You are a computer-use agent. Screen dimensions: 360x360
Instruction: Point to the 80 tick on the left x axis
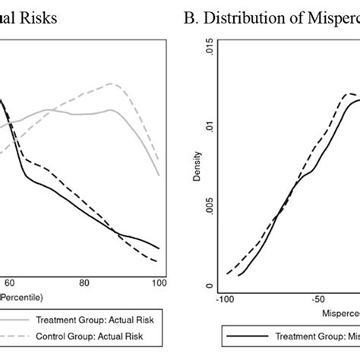pos(85,283)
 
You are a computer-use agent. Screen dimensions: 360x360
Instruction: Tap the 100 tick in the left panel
pos(159,283)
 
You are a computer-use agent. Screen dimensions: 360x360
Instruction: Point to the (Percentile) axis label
pos(22,295)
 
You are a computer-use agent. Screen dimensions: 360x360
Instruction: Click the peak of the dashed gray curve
pos(112,84)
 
